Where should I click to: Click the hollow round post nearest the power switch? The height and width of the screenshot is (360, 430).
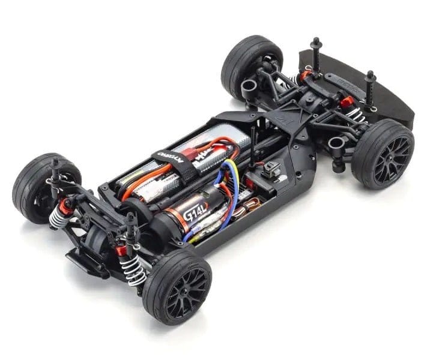(x=336, y=144)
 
